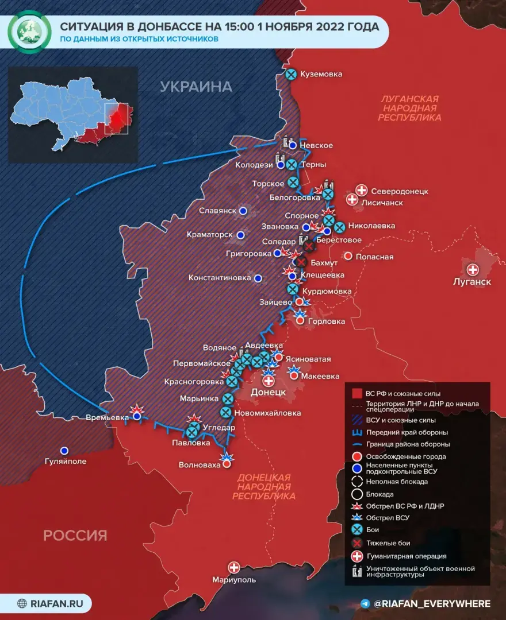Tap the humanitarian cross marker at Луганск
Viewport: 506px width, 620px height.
pyautogui.click(x=473, y=269)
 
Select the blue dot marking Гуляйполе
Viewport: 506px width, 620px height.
pyautogui.click(x=65, y=451)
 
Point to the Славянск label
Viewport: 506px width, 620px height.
pyautogui.click(x=217, y=211)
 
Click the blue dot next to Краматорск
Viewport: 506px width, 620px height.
pyautogui.click(x=241, y=235)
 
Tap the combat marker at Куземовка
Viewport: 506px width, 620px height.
pyautogui.click(x=292, y=74)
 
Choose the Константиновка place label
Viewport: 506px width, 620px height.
pyautogui.click(x=220, y=278)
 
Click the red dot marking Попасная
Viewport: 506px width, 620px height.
pyautogui.click(x=348, y=256)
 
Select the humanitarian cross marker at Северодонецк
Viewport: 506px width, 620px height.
pyautogui.click(x=362, y=190)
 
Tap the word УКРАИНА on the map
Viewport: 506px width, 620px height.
pyautogui.click(x=195, y=87)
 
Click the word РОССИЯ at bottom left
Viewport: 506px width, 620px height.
pyautogui.click(x=75, y=536)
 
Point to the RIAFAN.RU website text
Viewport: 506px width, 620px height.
pyautogui.click(x=56, y=603)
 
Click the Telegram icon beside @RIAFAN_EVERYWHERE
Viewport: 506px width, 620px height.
pyautogui.click(x=365, y=603)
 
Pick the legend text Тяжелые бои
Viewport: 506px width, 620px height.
pyautogui.click(x=388, y=543)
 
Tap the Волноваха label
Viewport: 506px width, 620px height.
pyautogui.click(x=200, y=464)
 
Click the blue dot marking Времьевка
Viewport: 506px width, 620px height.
pyautogui.click(x=137, y=417)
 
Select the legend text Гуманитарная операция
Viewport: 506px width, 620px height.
pyautogui.click(x=406, y=556)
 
